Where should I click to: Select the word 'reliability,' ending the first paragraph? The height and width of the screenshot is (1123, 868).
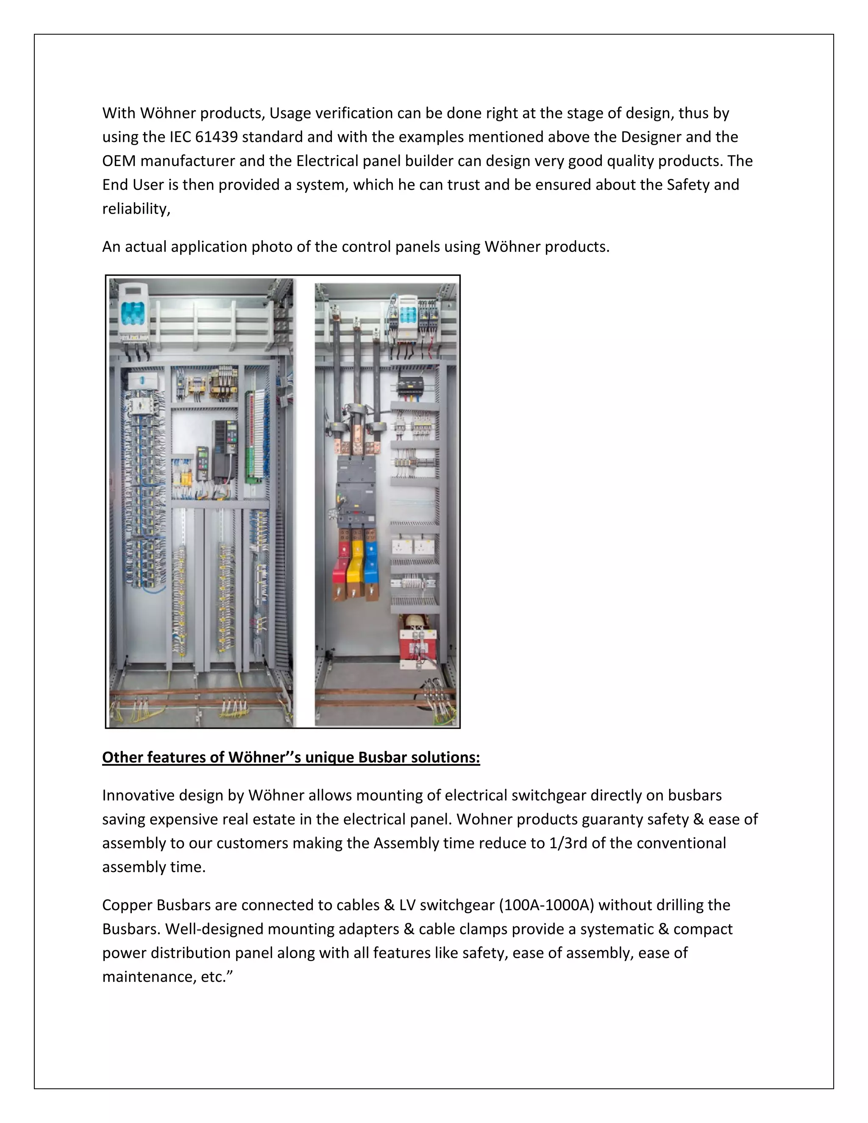[136, 209]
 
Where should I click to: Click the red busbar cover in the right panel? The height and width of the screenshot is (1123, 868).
[340, 568]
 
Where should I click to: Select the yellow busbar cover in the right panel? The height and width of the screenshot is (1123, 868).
[355, 568]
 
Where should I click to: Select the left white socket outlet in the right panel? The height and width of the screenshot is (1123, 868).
[401, 546]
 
